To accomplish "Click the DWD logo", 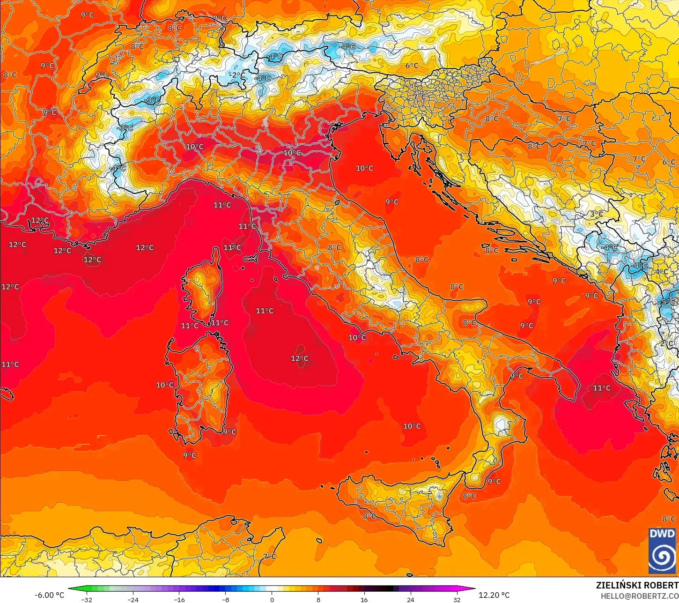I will tap(662, 550).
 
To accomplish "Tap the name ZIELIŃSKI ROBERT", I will tap(637, 585).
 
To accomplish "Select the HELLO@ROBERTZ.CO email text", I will tap(640, 596).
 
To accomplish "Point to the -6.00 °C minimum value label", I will tap(49, 595).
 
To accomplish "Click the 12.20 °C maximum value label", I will tap(494, 595).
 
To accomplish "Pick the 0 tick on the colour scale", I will tap(272, 600).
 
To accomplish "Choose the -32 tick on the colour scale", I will tap(87, 600).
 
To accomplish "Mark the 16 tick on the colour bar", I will tap(364, 600).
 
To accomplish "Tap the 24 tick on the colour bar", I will tap(411, 600).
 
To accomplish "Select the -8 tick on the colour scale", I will tap(226, 600).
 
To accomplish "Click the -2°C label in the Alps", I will tap(237, 75).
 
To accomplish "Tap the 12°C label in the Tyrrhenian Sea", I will tap(300, 358).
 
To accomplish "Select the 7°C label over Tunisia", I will tap(269, 557).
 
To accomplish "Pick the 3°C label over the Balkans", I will tap(596, 214).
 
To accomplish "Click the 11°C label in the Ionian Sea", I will tap(602, 388).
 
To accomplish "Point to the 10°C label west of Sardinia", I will tap(165, 385).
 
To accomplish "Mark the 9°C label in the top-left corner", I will tap(87, 15).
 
